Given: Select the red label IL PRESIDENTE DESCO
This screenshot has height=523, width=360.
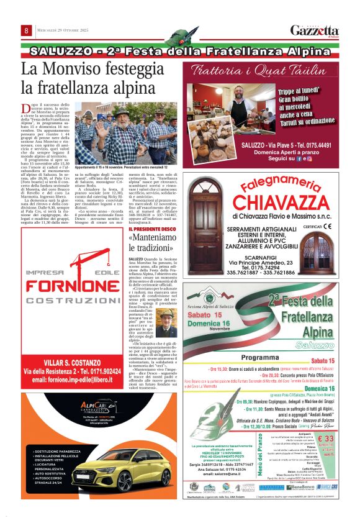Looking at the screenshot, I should (x=151, y=229).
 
